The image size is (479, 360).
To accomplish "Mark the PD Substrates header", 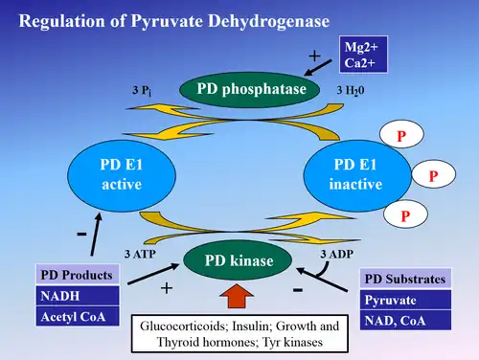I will click(x=403, y=280).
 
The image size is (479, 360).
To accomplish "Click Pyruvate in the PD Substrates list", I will click(x=403, y=299).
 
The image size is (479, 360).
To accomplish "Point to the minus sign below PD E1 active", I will click(x=81, y=233).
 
